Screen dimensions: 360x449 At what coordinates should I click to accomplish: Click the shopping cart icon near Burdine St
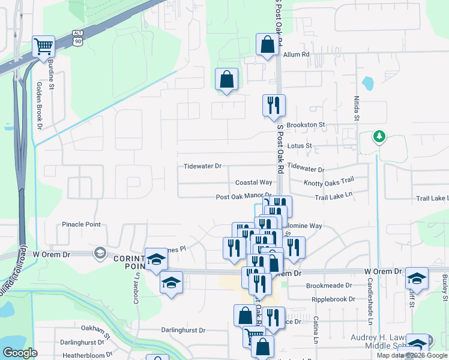point(44,46)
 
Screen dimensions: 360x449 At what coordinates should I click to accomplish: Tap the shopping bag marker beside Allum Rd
point(267,44)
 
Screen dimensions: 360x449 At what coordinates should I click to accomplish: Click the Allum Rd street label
point(297,55)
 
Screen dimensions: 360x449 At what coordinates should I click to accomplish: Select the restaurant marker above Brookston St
point(274,106)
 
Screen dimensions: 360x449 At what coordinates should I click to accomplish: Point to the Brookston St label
point(306,125)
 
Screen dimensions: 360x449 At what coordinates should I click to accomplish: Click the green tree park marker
point(379,137)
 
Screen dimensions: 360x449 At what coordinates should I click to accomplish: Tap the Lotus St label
point(300,146)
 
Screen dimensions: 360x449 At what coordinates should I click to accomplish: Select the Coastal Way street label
point(254,182)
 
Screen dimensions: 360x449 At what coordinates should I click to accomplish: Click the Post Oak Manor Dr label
point(244,197)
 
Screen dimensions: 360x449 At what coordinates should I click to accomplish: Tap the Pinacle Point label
point(82,224)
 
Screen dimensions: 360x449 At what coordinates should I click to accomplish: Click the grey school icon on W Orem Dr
point(98,254)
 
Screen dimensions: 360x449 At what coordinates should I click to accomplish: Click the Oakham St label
point(95,329)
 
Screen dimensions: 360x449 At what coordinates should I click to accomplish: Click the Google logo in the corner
point(20,353)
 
